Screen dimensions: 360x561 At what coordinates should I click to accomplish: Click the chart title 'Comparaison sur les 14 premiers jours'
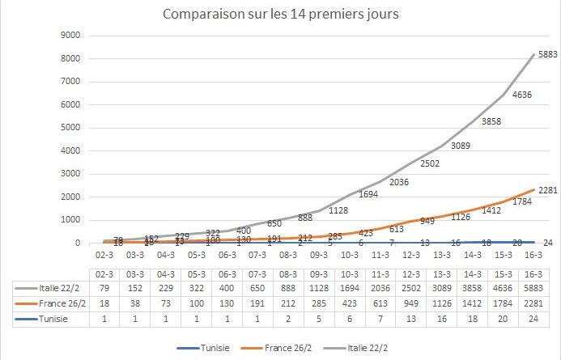280,15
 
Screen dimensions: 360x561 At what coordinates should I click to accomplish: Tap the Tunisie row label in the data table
41,320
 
